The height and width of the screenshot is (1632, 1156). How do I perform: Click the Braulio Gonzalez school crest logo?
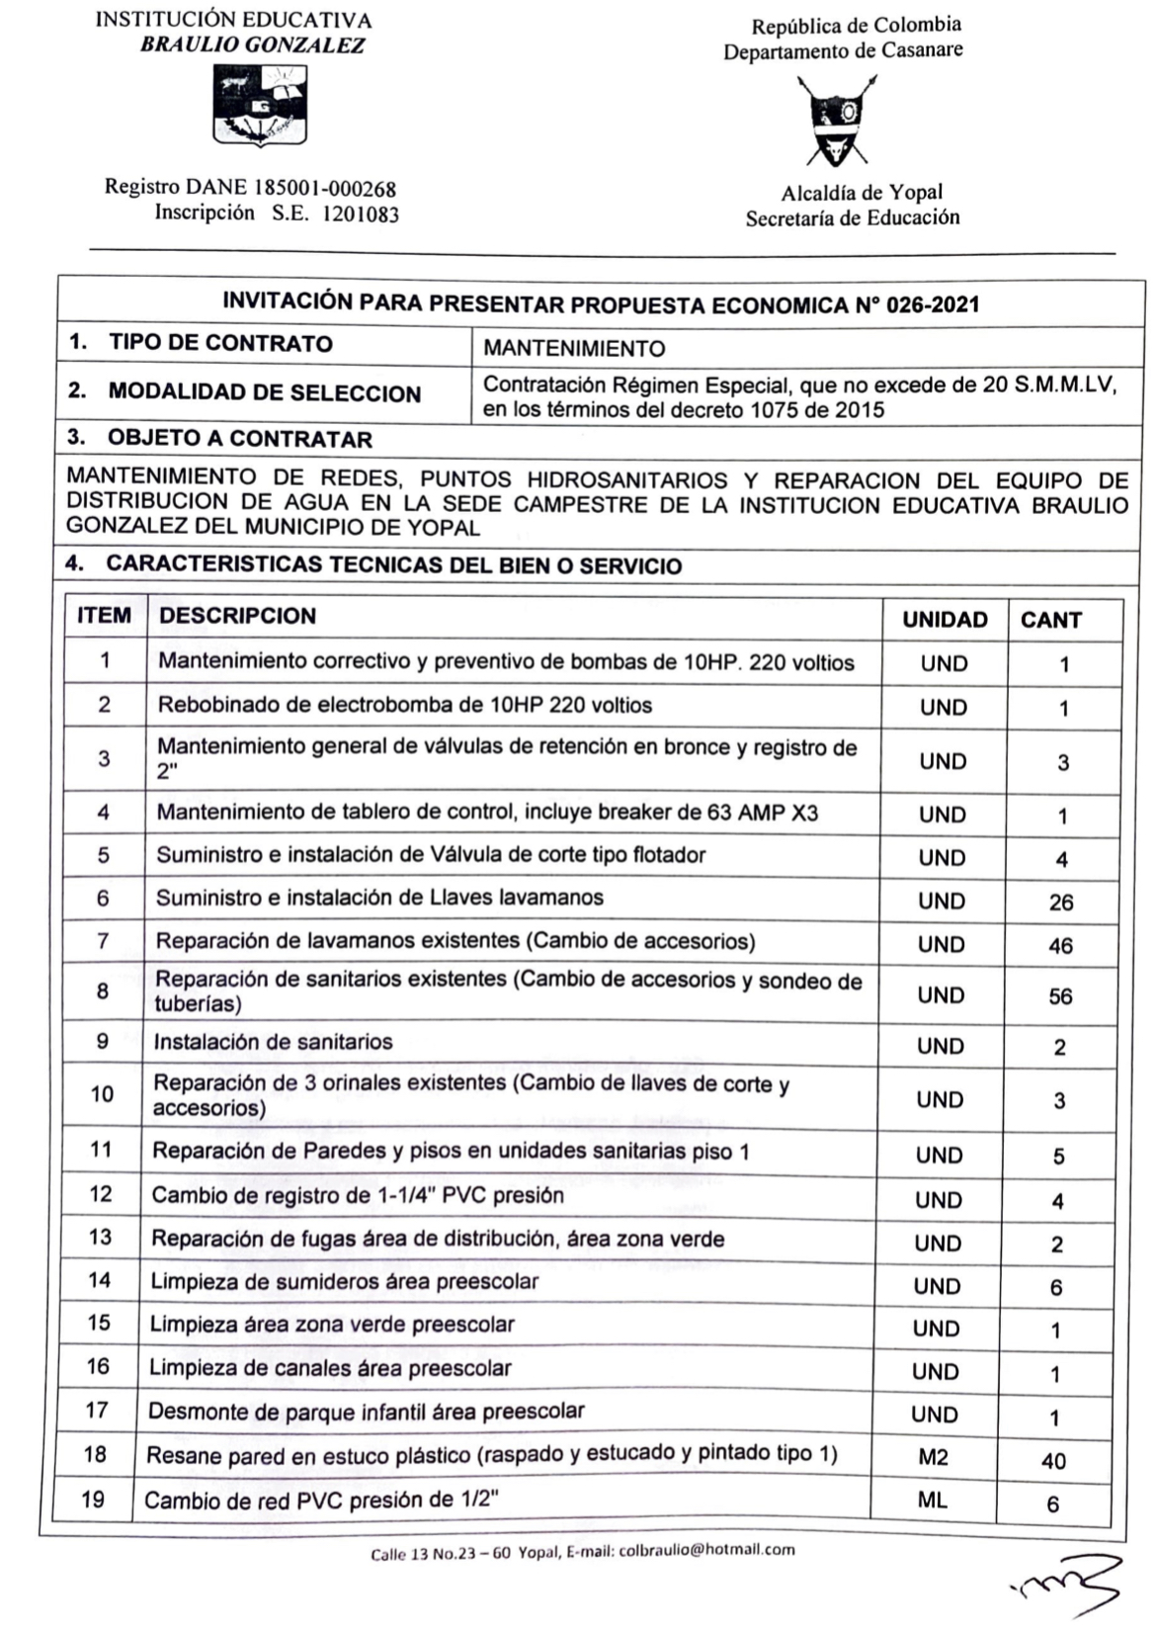(x=260, y=105)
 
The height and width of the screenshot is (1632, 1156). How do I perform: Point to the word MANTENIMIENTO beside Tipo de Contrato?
(x=574, y=348)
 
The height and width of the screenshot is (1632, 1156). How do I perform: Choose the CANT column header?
(x=1050, y=620)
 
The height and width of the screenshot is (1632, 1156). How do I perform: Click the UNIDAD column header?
(x=945, y=620)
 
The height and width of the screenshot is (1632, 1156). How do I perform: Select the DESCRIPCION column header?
(x=237, y=616)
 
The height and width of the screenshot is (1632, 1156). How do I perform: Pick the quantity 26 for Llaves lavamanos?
(x=1060, y=902)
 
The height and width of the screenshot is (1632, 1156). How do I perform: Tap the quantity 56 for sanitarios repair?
(x=1060, y=996)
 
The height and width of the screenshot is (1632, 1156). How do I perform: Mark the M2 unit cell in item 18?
(x=934, y=1458)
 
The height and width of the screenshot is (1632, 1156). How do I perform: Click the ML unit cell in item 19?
(x=933, y=1501)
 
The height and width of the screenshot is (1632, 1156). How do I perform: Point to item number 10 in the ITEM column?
(x=102, y=1094)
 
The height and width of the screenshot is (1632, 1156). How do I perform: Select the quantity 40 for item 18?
(x=1053, y=1461)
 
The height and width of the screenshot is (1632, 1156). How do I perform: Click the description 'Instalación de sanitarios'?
(x=273, y=1042)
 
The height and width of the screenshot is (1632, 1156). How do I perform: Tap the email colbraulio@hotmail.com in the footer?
(x=706, y=1550)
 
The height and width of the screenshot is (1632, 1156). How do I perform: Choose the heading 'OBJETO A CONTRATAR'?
(x=239, y=438)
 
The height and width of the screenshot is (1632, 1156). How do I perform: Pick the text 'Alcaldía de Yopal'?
(x=862, y=192)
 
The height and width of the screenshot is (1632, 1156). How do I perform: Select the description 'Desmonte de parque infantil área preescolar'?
(x=366, y=1412)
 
